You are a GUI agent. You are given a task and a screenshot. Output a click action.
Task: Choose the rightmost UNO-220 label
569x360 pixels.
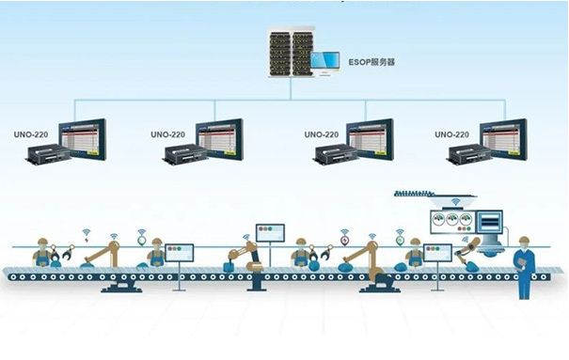453,134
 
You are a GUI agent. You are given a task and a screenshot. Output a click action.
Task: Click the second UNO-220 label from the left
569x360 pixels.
169,134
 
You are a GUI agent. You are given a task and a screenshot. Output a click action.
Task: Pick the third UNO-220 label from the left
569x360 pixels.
322,134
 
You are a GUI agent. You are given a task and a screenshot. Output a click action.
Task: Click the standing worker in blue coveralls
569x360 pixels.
525,270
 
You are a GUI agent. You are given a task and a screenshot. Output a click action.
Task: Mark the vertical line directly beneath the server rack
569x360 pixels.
290,86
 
